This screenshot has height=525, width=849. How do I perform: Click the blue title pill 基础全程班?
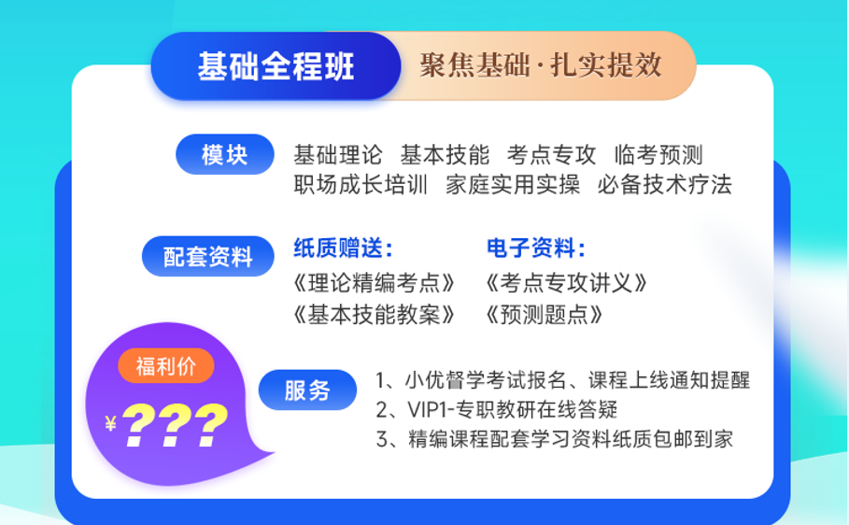tap(276, 66)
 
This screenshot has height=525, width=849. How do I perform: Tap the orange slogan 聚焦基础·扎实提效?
tap(541, 65)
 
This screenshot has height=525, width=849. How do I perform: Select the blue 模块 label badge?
tap(225, 155)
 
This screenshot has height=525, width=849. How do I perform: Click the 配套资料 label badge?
tap(208, 256)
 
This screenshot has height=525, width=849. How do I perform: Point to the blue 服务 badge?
tap(307, 390)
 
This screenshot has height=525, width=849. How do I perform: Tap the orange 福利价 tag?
tap(165, 366)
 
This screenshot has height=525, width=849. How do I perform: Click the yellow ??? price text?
tap(175, 425)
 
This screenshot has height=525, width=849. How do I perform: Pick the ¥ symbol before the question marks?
tap(111, 423)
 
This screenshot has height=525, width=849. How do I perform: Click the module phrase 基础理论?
tap(338, 155)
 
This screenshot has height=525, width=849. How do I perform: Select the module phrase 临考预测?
tap(658, 155)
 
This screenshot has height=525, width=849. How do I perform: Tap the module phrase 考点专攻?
tap(551, 155)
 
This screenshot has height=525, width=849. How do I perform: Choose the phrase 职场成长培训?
tap(361, 185)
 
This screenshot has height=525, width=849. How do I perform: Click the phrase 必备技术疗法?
tap(664, 185)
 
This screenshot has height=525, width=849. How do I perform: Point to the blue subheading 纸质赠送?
tap(344, 248)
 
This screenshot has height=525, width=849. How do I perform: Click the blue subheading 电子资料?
tap(536, 248)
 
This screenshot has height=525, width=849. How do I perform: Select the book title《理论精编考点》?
tap(374, 283)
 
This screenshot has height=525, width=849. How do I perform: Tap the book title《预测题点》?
tap(544, 315)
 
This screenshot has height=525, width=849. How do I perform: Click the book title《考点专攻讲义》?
tap(566, 283)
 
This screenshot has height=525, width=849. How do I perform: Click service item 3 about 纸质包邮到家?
tap(555, 439)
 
